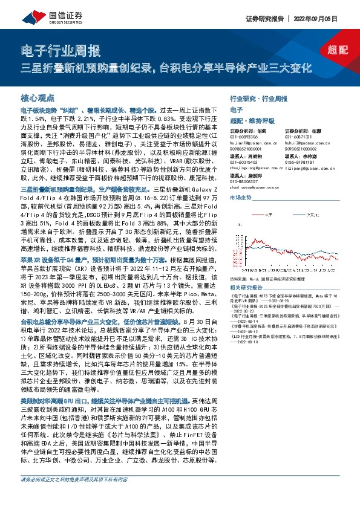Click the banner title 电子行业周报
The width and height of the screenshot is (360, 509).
point(61,51)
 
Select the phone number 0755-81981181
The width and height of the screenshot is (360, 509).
point(300,163)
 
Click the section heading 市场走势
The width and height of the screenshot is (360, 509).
point(241,197)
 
